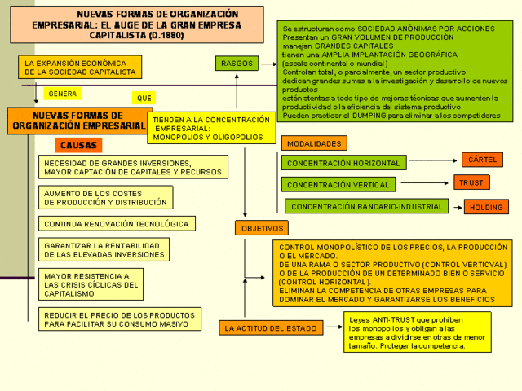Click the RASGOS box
[236, 64]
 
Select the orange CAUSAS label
[79, 146]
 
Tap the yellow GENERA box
[62, 94]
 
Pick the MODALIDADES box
[313, 143]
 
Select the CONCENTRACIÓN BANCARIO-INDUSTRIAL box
[366, 206]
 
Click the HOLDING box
[485, 207]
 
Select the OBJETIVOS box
[262, 229]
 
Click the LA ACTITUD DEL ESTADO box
[259, 328]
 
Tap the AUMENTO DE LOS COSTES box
[105, 197]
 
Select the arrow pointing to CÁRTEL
[432, 160]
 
